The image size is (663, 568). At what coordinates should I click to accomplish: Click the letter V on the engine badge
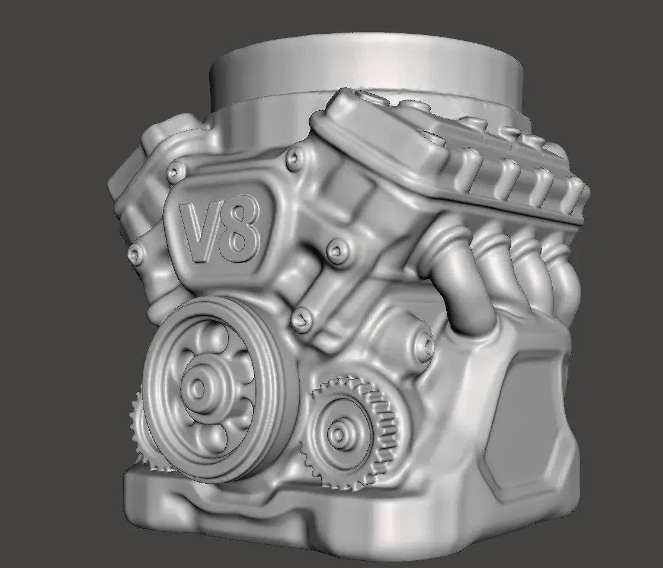[x=198, y=231]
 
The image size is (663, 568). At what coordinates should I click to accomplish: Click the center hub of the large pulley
[x=197, y=386]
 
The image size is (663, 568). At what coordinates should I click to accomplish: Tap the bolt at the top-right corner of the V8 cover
[x=294, y=158]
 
